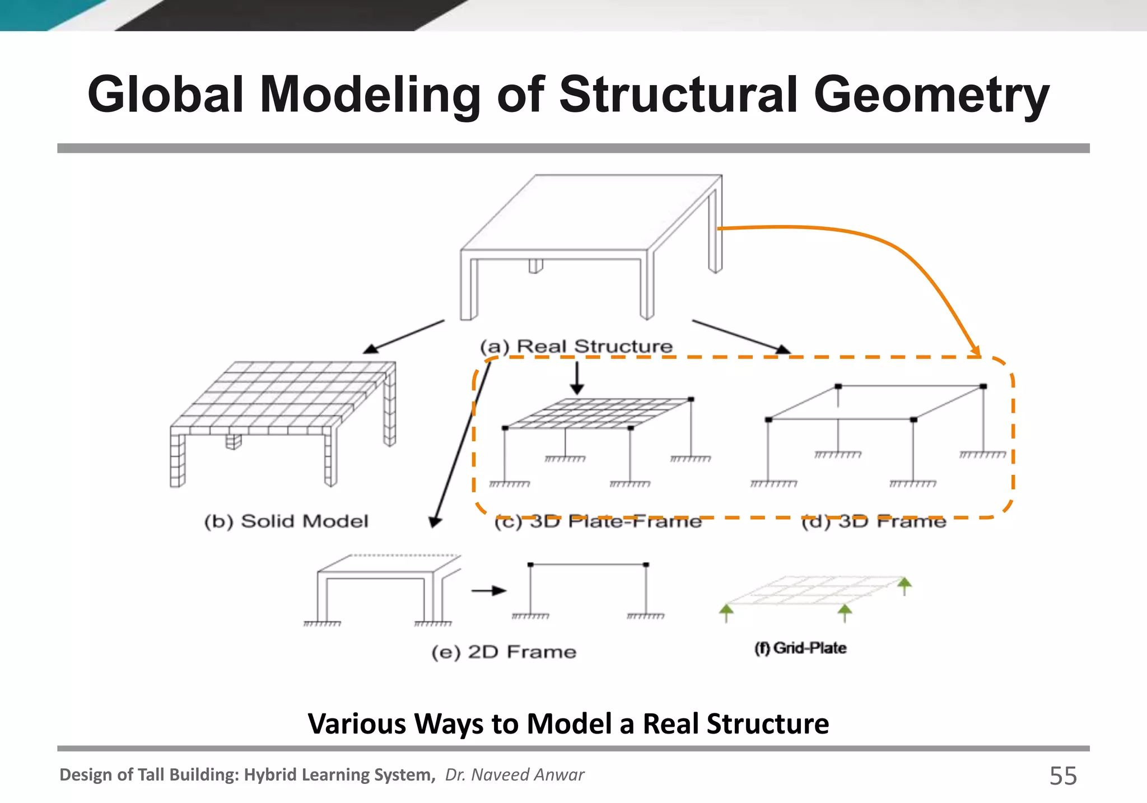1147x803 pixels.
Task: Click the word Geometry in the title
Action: click(x=931, y=95)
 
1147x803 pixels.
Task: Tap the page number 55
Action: click(x=1062, y=776)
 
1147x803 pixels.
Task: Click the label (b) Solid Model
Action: click(x=286, y=521)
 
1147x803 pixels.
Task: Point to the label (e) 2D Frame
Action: click(x=503, y=652)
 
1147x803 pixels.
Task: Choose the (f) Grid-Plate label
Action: click(x=800, y=648)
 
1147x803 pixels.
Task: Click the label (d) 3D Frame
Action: click(x=873, y=522)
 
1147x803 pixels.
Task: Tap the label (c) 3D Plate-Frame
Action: click(x=598, y=522)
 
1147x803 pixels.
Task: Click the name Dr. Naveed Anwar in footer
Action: click(x=514, y=774)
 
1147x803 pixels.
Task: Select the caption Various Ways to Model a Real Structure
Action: click(x=568, y=723)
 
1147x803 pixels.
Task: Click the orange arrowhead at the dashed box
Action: click(x=976, y=352)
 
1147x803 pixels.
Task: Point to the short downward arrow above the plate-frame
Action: click(x=577, y=378)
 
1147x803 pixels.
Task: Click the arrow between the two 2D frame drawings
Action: click(x=488, y=591)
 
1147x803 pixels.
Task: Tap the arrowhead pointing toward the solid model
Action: click(x=370, y=349)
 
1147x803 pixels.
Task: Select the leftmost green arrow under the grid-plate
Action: click(x=726, y=612)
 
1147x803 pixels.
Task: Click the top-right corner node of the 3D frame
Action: click(x=983, y=386)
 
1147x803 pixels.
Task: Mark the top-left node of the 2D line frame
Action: click(x=530, y=564)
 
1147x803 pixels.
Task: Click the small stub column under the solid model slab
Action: click(x=233, y=442)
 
